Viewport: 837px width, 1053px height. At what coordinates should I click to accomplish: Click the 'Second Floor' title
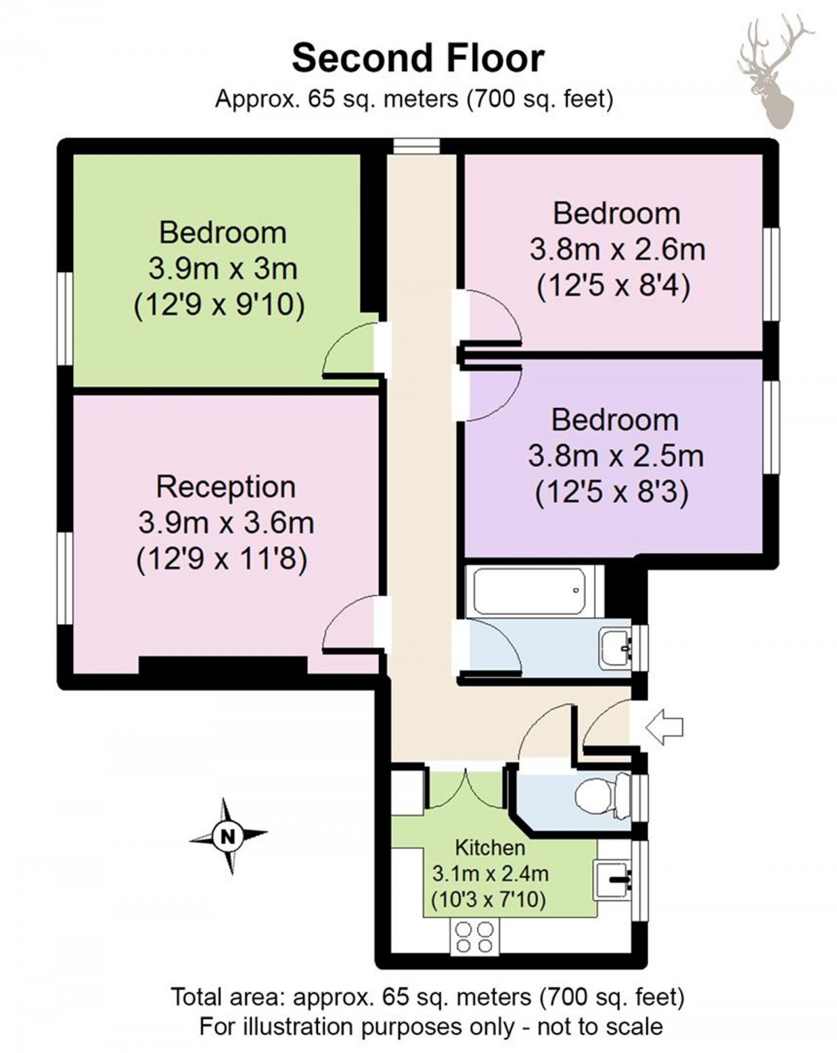coord(418,58)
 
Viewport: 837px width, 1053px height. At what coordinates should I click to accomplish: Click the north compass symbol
coord(228,835)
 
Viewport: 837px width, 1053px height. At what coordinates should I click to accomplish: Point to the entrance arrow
coord(663,727)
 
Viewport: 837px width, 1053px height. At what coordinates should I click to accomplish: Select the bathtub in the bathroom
coord(529,591)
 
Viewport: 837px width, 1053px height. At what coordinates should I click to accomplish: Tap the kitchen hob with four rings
coord(474,937)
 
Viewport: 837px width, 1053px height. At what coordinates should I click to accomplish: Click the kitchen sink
coord(614,880)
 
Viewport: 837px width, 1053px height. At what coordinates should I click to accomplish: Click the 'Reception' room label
coord(225,487)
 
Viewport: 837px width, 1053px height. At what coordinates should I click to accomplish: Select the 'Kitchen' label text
coord(490,848)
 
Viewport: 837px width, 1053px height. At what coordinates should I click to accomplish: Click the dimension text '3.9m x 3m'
coord(223,268)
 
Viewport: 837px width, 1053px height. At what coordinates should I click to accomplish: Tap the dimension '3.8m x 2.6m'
coord(617,249)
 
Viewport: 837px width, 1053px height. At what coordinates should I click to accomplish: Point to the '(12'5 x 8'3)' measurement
coord(612,493)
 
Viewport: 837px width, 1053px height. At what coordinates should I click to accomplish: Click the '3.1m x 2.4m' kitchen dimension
coord(490,873)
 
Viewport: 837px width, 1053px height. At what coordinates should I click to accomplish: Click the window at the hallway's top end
coord(416,146)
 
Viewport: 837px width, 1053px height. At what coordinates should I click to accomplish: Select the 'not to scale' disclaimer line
coord(430,1027)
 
